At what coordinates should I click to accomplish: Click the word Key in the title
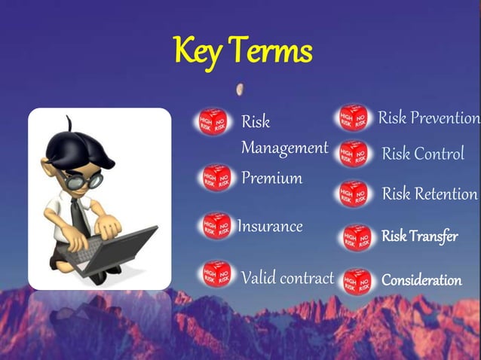point(198,51)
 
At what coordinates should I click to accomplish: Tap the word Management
point(284,148)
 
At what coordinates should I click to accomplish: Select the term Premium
point(271,178)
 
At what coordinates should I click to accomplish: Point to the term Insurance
point(270,226)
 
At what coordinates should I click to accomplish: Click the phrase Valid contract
point(287,278)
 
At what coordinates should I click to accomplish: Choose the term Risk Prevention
point(428,118)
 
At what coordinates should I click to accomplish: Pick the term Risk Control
point(423,154)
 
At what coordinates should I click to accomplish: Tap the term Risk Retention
point(430,194)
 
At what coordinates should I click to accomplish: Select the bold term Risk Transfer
point(420,236)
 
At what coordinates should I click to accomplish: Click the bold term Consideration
point(421,280)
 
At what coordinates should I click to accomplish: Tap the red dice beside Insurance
point(217,225)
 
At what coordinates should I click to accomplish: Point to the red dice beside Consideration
point(357,280)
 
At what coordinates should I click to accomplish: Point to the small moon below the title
point(240,89)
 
